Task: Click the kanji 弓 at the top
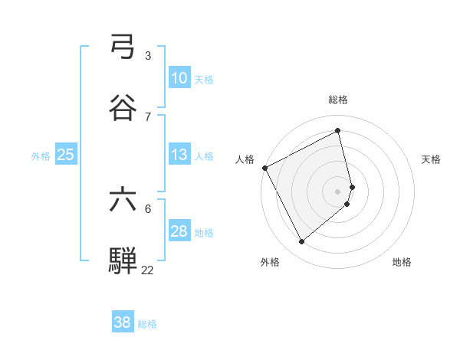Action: (x=123, y=49)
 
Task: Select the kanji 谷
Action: (x=123, y=108)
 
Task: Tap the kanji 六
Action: (x=123, y=200)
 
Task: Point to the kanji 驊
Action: (x=123, y=260)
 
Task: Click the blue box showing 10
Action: (x=179, y=78)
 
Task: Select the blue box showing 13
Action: (x=179, y=155)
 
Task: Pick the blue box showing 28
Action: (x=179, y=231)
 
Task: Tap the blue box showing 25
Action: (x=66, y=155)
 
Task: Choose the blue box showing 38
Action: (x=123, y=322)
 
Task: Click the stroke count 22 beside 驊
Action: (x=147, y=270)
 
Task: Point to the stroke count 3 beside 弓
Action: (x=147, y=55)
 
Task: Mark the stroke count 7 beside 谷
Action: (x=147, y=116)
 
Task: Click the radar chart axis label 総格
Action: (x=338, y=100)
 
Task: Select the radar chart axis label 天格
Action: (x=432, y=159)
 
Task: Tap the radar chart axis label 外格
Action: (x=270, y=262)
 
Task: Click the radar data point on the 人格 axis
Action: (x=264, y=168)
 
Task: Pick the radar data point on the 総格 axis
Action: (x=338, y=131)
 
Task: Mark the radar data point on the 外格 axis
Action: (x=302, y=242)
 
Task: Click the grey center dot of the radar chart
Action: (x=338, y=191)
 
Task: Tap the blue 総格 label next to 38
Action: (x=147, y=324)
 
